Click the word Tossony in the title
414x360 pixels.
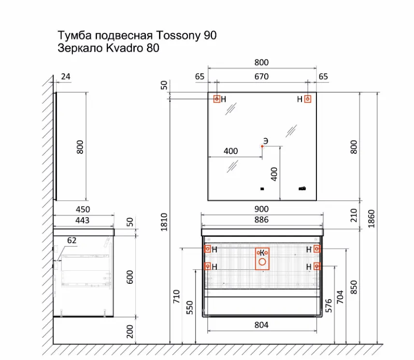point(178,36)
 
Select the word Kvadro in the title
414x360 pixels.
point(123,48)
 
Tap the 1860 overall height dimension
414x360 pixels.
point(371,219)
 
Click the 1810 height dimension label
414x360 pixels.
point(164,222)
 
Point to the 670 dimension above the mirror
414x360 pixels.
point(261,76)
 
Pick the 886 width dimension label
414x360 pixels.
point(261,220)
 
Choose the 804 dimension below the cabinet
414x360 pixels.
point(261,325)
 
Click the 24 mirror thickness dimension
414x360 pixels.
point(66,76)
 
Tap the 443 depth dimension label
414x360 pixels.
point(83,220)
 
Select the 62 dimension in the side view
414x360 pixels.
point(71,240)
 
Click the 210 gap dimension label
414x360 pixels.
point(354,215)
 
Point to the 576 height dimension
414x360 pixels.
point(328,305)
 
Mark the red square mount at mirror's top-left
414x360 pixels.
point(217,99)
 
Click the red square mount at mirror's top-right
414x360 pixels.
point(308,99)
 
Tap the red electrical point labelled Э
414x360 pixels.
point(262,146)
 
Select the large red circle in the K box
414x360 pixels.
point(262,262)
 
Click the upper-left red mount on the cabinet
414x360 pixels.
point(208,249)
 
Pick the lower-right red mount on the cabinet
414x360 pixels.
point(317,266)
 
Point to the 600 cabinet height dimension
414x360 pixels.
point(130,277)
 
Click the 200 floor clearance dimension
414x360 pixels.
point(130,331)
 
